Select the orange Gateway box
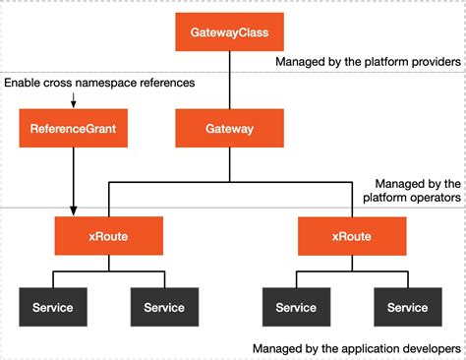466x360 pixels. tap(229, 129)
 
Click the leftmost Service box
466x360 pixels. tap(52, 307)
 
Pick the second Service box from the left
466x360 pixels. tap(164, 307)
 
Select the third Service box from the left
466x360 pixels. tap(295, 307)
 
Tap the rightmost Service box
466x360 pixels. tap(407, 307)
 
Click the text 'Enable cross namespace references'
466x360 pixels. tap(99, 83)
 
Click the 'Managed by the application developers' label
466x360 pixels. tap(357, 348)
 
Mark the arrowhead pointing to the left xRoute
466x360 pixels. tap(74, 210)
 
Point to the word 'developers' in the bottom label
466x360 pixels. tap(431, 348)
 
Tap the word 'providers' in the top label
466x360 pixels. tap(437, 61)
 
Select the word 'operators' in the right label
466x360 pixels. tap(435, 197)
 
